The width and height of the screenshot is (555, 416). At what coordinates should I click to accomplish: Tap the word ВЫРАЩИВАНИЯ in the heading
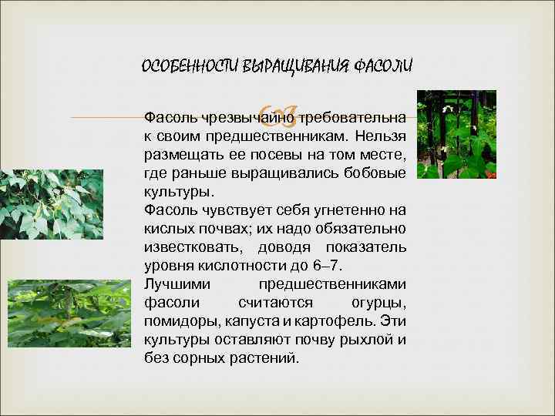point(284,66)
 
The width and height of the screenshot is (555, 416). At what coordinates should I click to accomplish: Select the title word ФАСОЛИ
point(383,66)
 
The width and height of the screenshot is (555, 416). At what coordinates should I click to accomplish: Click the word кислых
point(164,229)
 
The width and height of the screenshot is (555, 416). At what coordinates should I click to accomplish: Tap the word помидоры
point(180,320)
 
